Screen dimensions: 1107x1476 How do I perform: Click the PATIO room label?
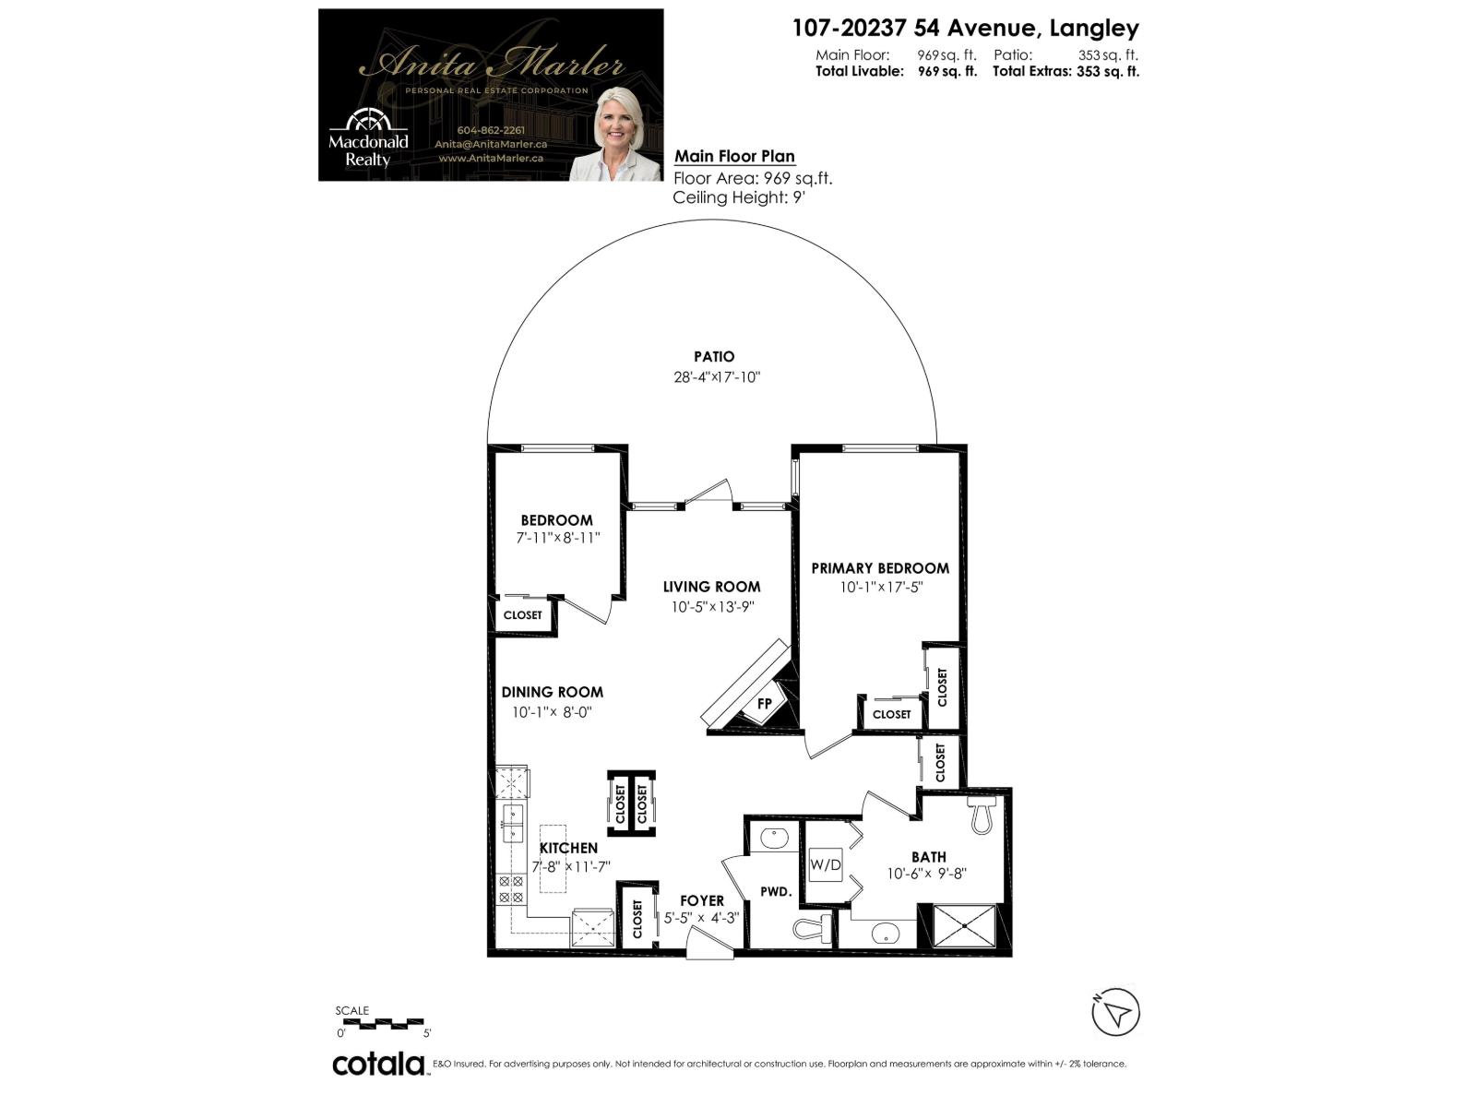coord(714,356)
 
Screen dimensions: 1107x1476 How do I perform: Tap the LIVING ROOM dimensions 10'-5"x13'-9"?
coord(713,607)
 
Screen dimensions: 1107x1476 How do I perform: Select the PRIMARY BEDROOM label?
coord(880,568)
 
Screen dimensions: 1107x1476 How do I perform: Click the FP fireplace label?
coord(765,704)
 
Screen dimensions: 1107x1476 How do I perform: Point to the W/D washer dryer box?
coord(826,865)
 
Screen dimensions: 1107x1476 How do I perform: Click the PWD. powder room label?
coord(776,892)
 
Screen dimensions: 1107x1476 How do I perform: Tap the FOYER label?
coord(702,900)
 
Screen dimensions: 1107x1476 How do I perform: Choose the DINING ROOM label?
coord(553,692)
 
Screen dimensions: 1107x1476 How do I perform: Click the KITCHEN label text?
coord(568,848)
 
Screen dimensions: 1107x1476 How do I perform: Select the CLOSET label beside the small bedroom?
coord(523,615)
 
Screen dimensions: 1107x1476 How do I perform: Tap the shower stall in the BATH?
coord(965,925)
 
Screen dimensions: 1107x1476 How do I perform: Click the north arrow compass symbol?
coord(1116,1013)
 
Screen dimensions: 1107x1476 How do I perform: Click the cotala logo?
coord(378,1064)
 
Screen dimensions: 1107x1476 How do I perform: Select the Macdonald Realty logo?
coord(368,138)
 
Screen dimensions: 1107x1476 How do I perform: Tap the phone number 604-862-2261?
coord(491,130)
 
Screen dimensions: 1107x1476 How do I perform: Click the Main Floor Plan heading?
coord(734,156)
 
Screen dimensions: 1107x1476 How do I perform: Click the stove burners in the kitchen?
coord(510,889)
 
